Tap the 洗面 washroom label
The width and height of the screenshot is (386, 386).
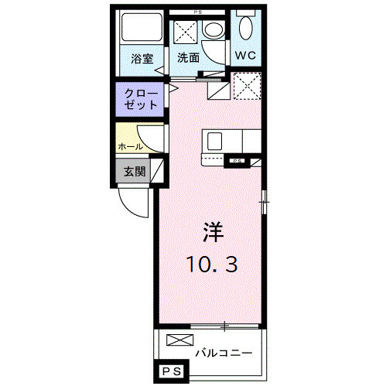pyautogui.click(x=188, y=58)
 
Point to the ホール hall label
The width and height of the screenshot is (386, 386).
pyautogui.click(x=129, y=145)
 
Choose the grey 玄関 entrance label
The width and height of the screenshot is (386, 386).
pyautogui.click(x=134, y=171)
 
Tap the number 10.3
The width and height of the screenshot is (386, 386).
pyautogui.click(x=210, y=265)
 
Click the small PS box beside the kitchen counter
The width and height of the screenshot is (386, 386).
pyautogui.click(x=235, y=161)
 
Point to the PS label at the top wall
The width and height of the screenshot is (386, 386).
pyautogui.click(x=196, y=12)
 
